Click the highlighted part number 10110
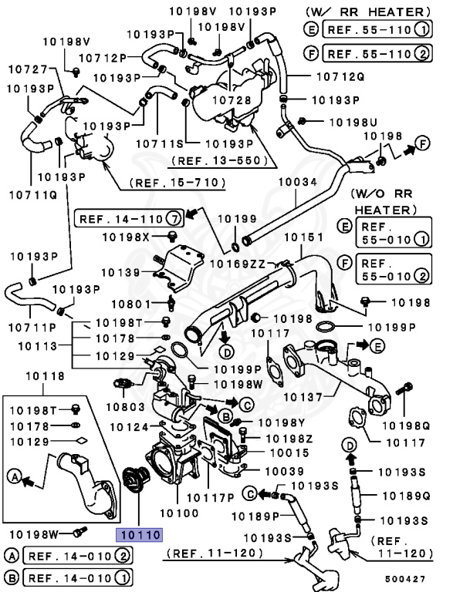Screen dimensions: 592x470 point(138,533)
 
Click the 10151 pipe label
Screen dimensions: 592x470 point(300,237)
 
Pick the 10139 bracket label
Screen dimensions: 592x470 point(119,272)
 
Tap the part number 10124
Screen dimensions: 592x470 point(129,425)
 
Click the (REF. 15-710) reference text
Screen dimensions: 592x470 point(177,183)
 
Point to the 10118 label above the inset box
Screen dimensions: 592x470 point(45,377)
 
